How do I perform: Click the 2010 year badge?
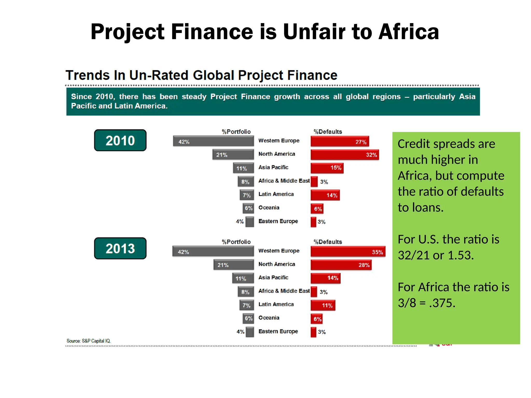point(120,140)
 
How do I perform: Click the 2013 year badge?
point(120,248)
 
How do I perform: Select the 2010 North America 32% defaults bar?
point(345,155)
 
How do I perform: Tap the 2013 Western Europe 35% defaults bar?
point(348,252)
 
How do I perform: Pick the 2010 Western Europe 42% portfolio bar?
point(213,141)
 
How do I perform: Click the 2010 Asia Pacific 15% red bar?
point(327,168)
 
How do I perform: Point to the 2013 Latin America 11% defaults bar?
point(323,305)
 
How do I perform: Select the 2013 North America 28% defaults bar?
point(341,265)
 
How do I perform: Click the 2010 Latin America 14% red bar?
point(325,195)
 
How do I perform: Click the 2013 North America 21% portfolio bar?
point(234,265)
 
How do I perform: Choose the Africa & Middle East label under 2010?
point(284,181)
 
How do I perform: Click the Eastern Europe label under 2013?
point(278,331)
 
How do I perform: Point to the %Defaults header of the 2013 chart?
point(328,242)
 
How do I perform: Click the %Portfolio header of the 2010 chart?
point(236,132)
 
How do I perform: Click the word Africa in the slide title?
point(409,32)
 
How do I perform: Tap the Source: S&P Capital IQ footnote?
point(88,341)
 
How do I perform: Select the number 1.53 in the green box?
point(460,255)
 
